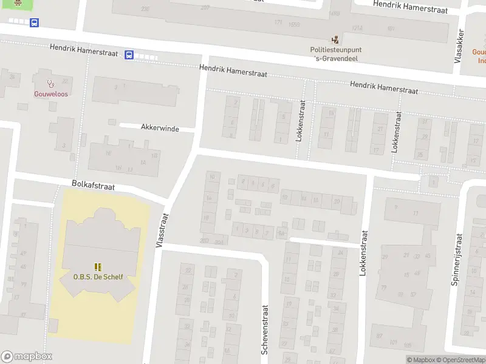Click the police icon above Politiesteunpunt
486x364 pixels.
click(x=335, y=39)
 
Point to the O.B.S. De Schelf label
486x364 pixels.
click(x=98, y=277)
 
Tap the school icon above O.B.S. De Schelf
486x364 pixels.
click(x=98, y=266)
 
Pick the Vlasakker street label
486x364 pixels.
click(x=460, y=46)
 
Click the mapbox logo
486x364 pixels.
click(x=26, y=357)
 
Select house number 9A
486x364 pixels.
click(x=281, y=232)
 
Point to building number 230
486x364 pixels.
click(x=145, y=8)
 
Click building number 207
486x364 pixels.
click(x=205, y=8)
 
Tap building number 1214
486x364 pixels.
click(x=357, y=28)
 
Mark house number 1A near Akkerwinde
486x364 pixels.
click(x=143, y=163)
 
